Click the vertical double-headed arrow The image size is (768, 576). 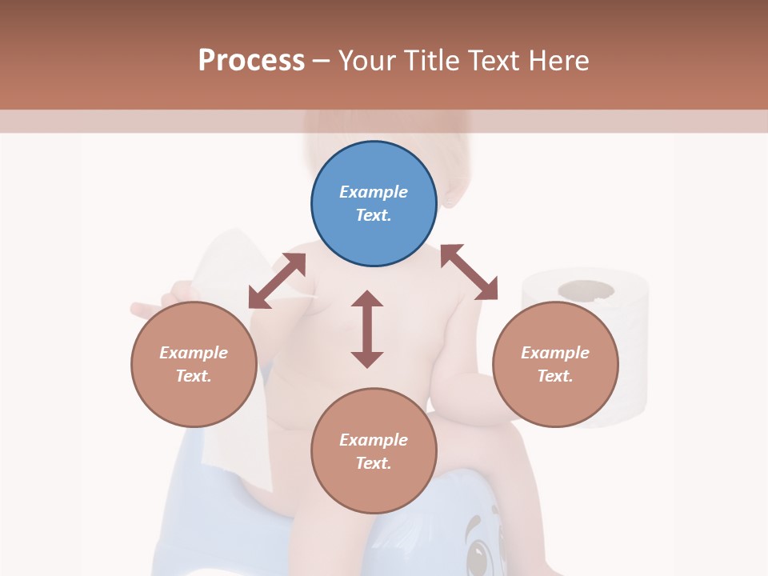click(x=367, y=329)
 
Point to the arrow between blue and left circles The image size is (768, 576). click(x=277, y=281)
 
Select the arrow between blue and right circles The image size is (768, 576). click(x=469, y=272)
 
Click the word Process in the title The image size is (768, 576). click(x=251, y=61)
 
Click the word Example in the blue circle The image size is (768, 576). click(x=374, y=192)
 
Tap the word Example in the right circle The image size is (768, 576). click(x=555, y=353)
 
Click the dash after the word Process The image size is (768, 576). click(x=322, y=61)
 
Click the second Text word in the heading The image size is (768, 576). click(x=495, y=61)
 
